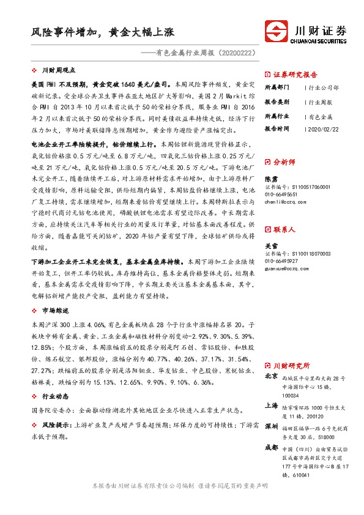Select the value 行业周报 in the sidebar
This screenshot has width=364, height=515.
[x=321, y=102]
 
